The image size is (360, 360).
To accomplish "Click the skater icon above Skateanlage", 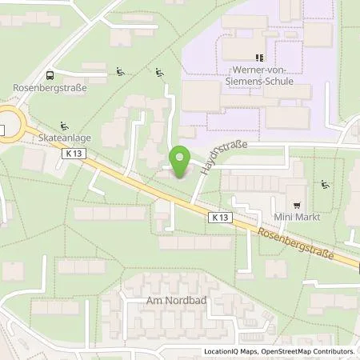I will pyautogui.click(x=64, y=125).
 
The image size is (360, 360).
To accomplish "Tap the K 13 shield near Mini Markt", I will pyautogui.click(x=221, y=217).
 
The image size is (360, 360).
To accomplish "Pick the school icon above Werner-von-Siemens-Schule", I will pyautogui.click(x=258, y=58).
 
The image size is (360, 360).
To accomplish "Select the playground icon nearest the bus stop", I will pyautogui.click(x=121, y=72).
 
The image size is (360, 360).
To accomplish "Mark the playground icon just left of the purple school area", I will pyautogui.click(x=162, y=74).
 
